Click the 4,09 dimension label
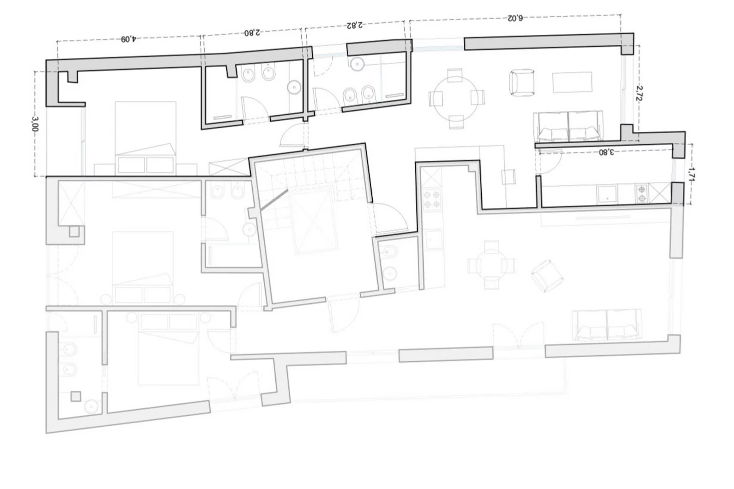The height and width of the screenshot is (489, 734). (128, 39)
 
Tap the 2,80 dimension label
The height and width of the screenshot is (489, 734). (252, 33)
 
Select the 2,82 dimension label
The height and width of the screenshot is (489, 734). (354, 25)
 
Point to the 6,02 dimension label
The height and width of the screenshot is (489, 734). (515, 18)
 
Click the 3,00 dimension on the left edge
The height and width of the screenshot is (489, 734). (35, 124)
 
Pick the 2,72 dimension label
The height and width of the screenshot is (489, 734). (639, 93)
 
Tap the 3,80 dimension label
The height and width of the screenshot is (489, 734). (606, 152)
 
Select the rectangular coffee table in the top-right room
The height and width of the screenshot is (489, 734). (572, 82)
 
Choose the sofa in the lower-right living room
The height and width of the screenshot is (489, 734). (607, 325)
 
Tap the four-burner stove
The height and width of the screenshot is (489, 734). (432, 199)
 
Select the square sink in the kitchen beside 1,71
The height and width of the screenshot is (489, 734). (607, 194)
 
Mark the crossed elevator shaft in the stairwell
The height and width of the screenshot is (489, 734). (314, 222)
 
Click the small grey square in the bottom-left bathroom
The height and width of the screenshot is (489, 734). (76, 396)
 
